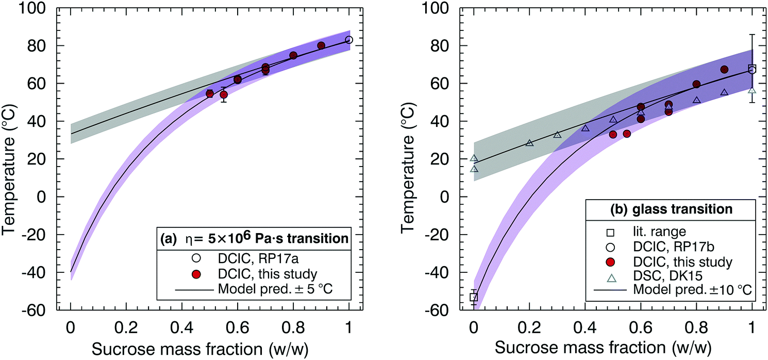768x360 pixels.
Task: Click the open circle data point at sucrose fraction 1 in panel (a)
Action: (x=349, y=40)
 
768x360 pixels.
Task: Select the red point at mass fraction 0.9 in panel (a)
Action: (x=321, y=45)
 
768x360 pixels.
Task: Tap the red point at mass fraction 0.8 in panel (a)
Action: (x=293, y=55)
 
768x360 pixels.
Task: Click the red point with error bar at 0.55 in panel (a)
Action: (x=224, y=94)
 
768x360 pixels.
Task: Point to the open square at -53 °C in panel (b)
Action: (x=474, y=297)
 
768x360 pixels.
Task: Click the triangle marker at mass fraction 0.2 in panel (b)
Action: (x=529, y=143)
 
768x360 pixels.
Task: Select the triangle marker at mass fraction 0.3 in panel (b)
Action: (x=557, y=135)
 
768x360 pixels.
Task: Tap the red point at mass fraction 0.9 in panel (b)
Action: (x=724, y=70)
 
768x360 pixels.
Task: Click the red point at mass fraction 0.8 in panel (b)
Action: (x=696, y=84)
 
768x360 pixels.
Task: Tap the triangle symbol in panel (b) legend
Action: (x=611, y=278)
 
